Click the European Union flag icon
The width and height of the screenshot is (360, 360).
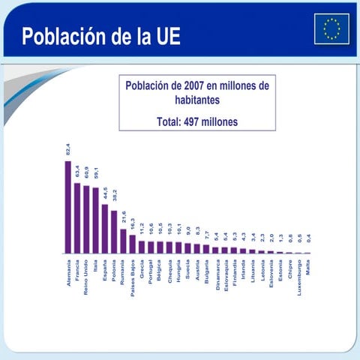point(331,28)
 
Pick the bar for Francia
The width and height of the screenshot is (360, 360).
point(77,217)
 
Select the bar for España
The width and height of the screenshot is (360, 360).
point(105,229)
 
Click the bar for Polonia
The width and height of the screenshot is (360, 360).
point(114,232)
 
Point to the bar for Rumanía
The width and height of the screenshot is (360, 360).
point(123,241)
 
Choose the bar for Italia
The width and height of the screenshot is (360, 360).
point(95,220)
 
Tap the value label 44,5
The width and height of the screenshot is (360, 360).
point(105,194)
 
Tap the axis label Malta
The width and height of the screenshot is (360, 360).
point(307,268)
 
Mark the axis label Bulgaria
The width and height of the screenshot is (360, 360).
point(206,272)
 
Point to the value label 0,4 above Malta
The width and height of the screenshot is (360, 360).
point(307,242)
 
